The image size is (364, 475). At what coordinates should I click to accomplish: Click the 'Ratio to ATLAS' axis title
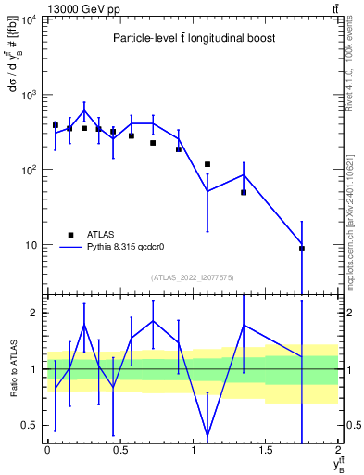(10, 370)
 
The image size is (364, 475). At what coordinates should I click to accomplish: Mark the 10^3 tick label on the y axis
(29, 95)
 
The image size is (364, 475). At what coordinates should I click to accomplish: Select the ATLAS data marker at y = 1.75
(302, 249)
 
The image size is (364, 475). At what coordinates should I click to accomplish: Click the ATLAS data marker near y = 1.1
(207, 164)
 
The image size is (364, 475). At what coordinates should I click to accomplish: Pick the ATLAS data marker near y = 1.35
(244, 192)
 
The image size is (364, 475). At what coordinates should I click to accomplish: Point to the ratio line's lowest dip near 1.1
(207, 435)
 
